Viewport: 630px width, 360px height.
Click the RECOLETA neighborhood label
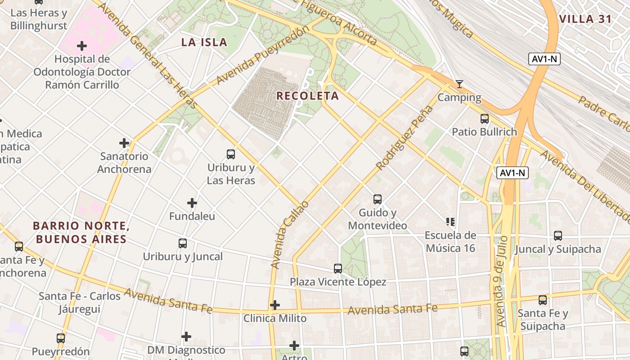click(307, 96)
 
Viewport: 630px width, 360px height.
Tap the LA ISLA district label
click(204, 43)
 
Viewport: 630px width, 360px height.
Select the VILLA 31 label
click(585, 19)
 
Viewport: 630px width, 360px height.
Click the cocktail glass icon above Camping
click(459, 84)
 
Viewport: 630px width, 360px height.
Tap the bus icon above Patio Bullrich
click(484, 119)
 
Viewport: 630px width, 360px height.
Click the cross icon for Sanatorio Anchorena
click(124, 143)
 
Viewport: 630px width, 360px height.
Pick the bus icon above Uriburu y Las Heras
click(231, 154)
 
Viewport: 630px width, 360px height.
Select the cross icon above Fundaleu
click(192, 203)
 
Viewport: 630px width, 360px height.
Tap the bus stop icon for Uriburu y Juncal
click(182, 243)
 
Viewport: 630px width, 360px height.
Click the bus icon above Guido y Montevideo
click(377, 199)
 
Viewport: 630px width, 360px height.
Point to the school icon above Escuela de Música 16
click(450, 221)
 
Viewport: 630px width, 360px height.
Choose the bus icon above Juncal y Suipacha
click(558, 235)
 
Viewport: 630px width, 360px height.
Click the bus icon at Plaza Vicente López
click(337, 269)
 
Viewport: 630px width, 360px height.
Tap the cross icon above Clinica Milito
click(274, 305)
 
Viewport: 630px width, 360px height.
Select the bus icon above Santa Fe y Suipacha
click(542, 300)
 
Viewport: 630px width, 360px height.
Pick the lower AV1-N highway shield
click(513, 173)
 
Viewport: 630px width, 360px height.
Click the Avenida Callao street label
click(290, 235)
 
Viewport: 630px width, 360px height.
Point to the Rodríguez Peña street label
click(405, 138)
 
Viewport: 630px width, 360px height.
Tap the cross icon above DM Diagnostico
click(186, 337)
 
